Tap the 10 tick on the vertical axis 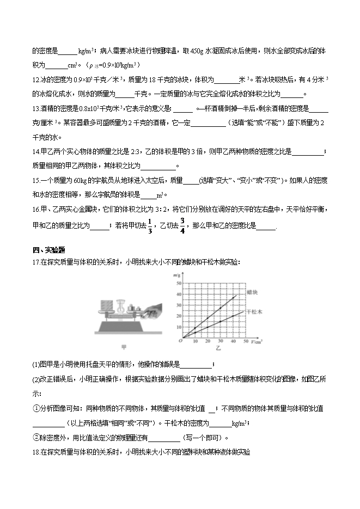point(178,328)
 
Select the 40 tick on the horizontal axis point(233,341)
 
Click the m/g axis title point(178,277)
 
